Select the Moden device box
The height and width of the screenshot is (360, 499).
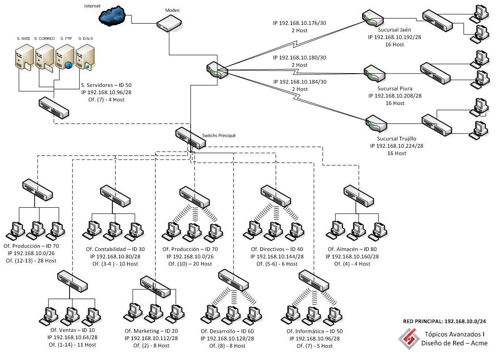(169, 23)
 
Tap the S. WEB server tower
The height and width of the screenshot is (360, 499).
(22, 60)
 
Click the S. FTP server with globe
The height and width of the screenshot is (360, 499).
(64, 60)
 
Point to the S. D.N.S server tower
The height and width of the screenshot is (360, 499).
(85, 60)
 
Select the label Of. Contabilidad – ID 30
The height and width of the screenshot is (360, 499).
(116, 250)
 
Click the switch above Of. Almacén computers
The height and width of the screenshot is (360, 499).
(358, 194)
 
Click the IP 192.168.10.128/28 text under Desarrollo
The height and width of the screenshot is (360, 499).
(227, 339)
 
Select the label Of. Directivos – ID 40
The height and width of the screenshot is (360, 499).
(277, 250)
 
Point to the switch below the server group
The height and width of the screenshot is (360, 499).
(54, 108)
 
